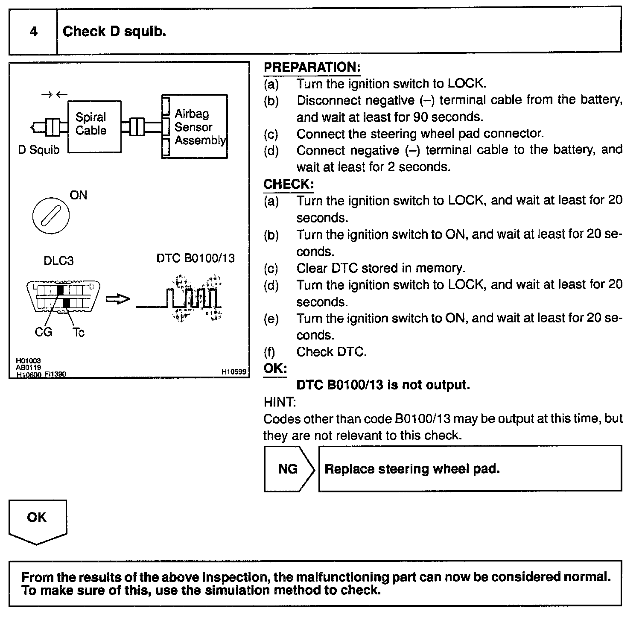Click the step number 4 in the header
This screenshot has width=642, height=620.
click(x=33, y=32)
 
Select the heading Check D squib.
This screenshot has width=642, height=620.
click(x=114, y=32)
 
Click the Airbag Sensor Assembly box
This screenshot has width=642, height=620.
click(x=195, y=127)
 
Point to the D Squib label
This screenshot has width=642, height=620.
click(x=39, y=150)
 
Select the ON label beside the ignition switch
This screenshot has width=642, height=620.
click(x=78, y=195)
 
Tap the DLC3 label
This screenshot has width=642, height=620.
click(x=58, y=260)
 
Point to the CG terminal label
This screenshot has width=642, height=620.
click(x=44, y=332)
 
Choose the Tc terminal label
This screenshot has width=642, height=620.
click(x=79, y=332)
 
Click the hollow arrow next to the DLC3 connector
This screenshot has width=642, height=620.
click(x=117, y=299)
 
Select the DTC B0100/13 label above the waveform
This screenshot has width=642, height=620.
click(x=195, y=258)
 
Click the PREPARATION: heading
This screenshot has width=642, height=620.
click(x=312, y=67)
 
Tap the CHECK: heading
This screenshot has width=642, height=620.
click(x=289, y=184)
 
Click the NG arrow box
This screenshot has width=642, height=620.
click(x=289, y=469)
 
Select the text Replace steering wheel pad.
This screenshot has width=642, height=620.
click(x=412, y=469)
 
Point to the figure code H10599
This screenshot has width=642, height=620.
click(x=233, y=372)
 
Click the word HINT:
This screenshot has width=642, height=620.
click(x=280, y=402)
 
